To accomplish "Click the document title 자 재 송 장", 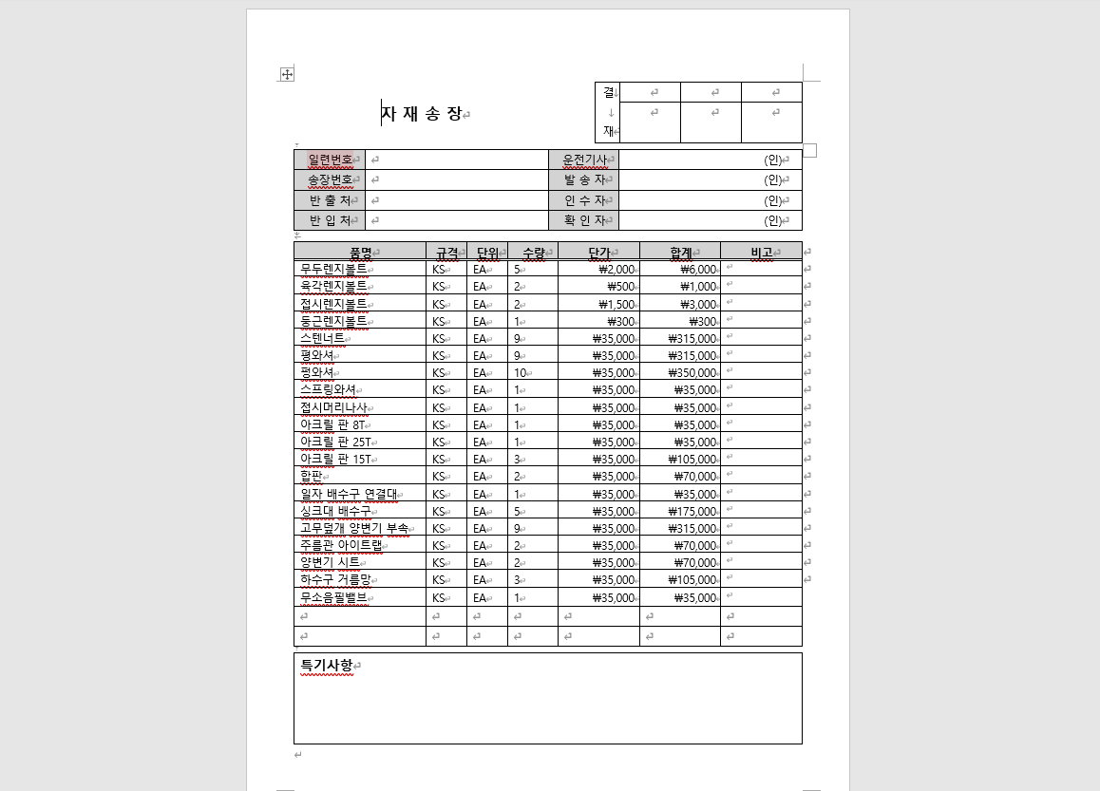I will point(422,114).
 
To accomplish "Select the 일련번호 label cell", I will point(330,160).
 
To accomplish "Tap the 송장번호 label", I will point(330,179).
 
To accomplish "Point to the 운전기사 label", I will point(584,160).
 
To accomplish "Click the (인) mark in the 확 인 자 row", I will point(773,220).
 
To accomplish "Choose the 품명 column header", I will point(360,253).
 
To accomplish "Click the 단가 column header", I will point(598,253).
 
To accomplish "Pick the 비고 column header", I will point(761,253).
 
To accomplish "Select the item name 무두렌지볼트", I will point(333,270).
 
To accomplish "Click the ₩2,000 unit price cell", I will point(616,270).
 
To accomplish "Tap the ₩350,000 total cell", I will point(693,373).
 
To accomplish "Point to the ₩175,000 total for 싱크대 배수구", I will point(693,512).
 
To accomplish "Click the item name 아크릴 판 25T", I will point(335,443).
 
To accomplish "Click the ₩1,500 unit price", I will point(616,305).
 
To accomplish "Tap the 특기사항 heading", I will point(327,666).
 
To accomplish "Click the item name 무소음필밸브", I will point(333,598).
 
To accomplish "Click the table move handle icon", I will point(286,74).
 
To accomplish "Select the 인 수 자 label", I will point(584,200).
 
